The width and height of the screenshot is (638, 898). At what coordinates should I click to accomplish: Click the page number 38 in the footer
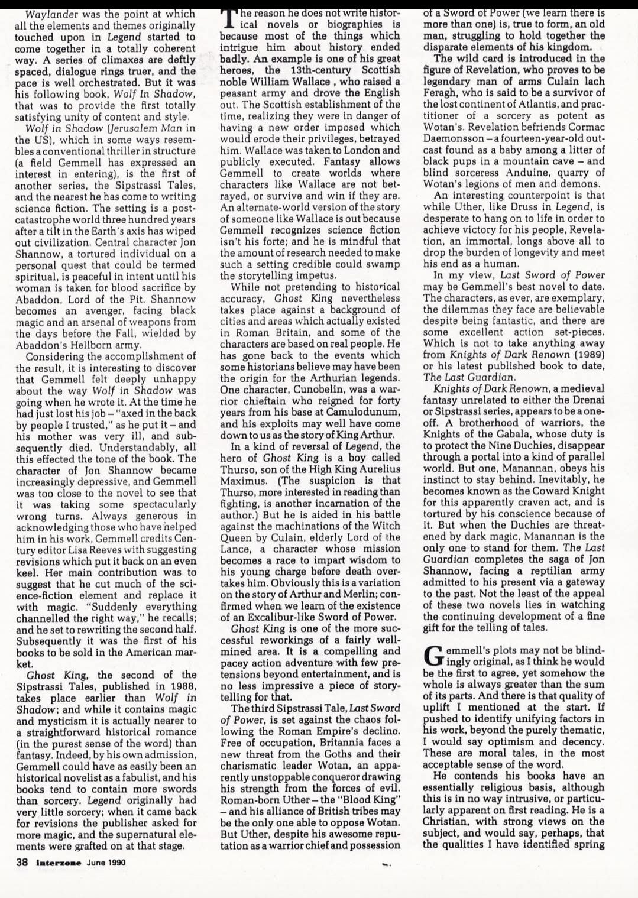[x=21, y=862]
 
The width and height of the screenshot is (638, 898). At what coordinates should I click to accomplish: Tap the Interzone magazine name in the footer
[x=59, y=862]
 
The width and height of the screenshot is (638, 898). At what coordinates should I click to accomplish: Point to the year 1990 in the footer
[x=116, y=862]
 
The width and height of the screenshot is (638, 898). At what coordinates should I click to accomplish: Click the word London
[x=364, y=150]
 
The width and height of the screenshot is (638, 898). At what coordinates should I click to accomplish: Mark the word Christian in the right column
[x=446, y=821]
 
